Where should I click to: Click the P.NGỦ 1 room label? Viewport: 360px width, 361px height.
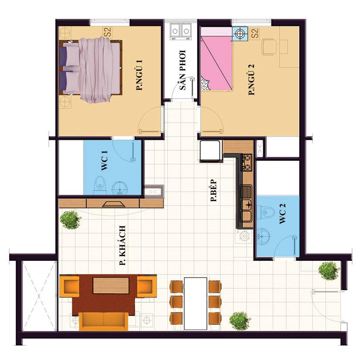(x=139, y=75)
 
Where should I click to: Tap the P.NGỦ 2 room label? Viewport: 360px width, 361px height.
(x=251, y=80)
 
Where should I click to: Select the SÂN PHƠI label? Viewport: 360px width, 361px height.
(x=183, y=70)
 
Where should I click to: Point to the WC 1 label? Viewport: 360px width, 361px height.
(x=104, y=161)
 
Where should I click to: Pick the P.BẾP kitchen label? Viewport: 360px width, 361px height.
(x=214, y=191)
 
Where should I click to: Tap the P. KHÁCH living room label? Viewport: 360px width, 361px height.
(x=122, y=246)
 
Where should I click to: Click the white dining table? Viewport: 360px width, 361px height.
(x=196, y=303)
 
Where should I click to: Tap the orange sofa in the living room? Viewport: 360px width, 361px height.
(x=104, y=321)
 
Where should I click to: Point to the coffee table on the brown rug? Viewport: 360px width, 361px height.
(x=111, y=285)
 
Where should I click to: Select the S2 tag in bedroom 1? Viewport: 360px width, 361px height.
(x=107, y=32)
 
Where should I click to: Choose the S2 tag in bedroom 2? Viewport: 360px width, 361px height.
(x=255, y=33)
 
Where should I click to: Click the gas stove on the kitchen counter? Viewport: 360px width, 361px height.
(x=246, y=162)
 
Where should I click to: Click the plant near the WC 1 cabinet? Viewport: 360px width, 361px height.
(x=70, y=219)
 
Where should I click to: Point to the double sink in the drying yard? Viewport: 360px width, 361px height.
(x=181, y=31)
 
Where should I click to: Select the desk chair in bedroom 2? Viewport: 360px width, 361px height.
(x=269, y=47)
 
